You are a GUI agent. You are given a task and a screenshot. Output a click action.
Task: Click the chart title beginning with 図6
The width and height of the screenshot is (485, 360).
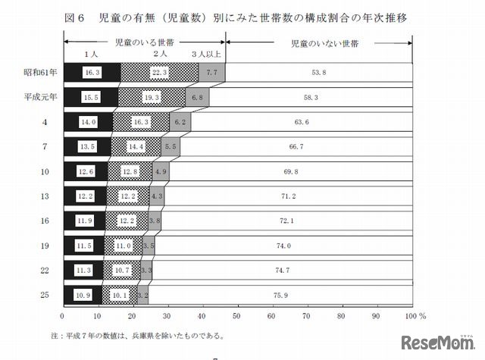click(x=242, y=17)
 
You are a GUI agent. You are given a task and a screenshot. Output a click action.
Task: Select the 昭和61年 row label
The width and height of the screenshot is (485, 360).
click(x=37, y=73)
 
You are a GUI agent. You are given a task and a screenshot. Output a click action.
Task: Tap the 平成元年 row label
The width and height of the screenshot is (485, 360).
click(x=37, y=98)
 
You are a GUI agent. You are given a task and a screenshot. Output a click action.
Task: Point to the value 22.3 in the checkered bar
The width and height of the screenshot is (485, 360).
click(x=158, y=73)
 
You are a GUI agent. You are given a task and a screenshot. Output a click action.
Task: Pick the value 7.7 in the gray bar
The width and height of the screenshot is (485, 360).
click(x=211, y=73)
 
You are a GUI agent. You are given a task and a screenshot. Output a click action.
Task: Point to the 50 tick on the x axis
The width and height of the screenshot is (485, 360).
click(x=236, y=314)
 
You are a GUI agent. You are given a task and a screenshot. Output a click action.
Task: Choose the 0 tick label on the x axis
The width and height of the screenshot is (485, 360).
click(x=61, y=314)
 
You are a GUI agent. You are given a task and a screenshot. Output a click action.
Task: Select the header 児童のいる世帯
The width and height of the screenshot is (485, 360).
click(x=143, y=45)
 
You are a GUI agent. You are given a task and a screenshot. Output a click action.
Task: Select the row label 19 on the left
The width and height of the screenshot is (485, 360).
click(x=46, y=246)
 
